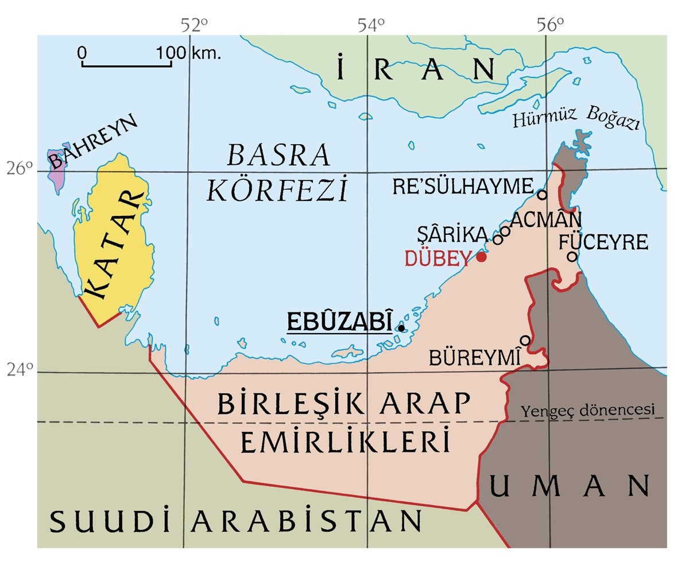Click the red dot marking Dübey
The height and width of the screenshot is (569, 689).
(481, 257)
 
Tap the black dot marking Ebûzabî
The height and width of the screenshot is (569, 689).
(401, 328)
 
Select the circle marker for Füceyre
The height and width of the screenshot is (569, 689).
(572, 256)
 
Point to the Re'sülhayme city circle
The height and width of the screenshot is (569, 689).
(542, 195)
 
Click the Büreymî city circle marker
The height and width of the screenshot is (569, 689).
(525, 340)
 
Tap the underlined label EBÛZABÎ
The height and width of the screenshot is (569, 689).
(339, 322)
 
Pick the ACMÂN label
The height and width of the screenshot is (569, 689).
(545, 219)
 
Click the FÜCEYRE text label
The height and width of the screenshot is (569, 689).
(603, 242)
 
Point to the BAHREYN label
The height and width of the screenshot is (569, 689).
(94, 141)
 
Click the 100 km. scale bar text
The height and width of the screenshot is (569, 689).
(188, 54)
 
